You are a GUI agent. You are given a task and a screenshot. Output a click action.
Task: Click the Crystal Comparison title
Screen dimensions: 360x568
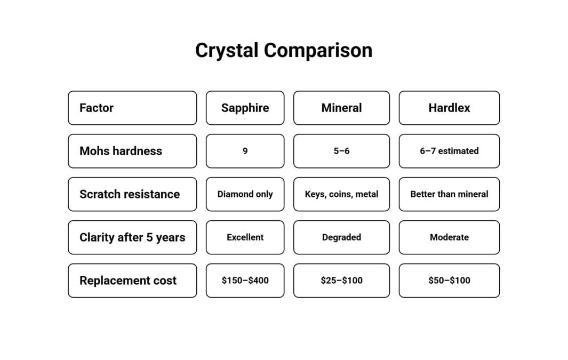(x=284, y=51)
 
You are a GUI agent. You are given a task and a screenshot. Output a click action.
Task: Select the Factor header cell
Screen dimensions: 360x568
(x=132, y=108)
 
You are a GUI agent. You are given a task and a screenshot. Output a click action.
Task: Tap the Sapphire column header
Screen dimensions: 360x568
(x=245, y=108)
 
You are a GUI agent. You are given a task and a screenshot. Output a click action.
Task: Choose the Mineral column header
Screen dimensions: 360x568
(x=341, y=108)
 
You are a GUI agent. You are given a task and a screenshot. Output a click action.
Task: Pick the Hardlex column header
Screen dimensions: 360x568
(x=449, y=108)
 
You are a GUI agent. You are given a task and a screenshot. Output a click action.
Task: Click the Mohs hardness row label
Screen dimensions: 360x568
(x=132, y=151)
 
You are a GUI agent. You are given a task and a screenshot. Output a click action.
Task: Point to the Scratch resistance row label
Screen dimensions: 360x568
(x=132, y=194)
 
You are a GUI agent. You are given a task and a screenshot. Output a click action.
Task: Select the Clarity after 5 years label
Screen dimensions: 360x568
(x=132, y=237)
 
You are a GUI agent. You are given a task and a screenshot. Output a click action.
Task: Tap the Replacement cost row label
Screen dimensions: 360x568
(x=132, y=281)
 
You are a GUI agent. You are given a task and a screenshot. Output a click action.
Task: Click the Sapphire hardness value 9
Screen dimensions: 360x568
(x=245, y=151)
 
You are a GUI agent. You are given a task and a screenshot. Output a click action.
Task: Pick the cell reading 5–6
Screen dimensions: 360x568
(x=341, y=151)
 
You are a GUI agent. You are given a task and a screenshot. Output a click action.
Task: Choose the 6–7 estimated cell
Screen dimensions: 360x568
(x=449, y=151)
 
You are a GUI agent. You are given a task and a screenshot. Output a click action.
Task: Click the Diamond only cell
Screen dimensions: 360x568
(x=245, y=194)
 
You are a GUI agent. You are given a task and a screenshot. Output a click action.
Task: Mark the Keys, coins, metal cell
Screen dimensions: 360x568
(x=341, y=194)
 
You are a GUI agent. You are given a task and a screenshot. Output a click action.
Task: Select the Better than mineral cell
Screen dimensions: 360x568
(x=449, y=194)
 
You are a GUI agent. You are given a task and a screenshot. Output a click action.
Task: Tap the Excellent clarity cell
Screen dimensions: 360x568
(x=245, y=237)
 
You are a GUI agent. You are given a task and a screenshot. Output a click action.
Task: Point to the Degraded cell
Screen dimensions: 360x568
(x=341, y=237)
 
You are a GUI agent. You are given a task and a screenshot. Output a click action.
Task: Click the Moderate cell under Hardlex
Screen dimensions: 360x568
(x=449, y=237)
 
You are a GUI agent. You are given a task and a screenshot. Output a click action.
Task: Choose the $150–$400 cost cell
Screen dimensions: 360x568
(x=245, y=281)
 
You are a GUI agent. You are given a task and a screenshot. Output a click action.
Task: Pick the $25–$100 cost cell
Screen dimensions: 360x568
(x=341, y=281)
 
